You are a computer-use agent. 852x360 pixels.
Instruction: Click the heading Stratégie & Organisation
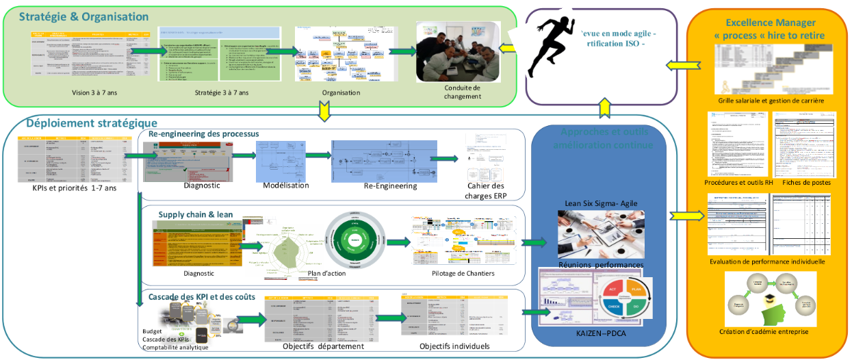pyautogui.click(x=83, y=16)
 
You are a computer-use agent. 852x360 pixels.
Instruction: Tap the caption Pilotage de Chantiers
pyautogui.click(x=463, y=274)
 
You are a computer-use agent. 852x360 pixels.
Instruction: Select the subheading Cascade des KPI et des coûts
pyautogui.click(x=202, y=297)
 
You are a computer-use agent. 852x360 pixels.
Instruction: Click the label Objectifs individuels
pyautogui.click(x=454, y=346)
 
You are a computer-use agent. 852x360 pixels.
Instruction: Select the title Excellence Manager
pyautogui.click(x=768, y=22)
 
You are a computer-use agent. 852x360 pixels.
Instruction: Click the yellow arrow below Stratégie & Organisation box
pyautogui.click(x=325, y=110)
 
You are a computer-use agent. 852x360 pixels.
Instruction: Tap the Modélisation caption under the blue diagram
pyautogui.click(x=287, y=185)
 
